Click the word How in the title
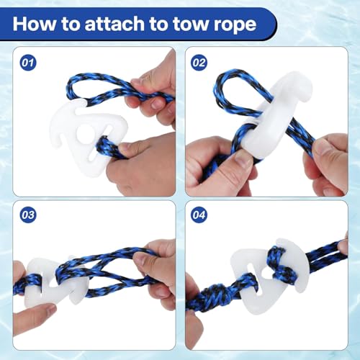click(x=35, y=24)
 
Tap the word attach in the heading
click(x=114, y=24)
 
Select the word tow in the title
click(x=192, y=24)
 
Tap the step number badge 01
click(x=28, y=63)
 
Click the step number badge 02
click(x=199, y=63)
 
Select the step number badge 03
click(x=28, y=215)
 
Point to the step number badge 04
click(x=199, y=215)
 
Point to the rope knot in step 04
click(x=212, y=297)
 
